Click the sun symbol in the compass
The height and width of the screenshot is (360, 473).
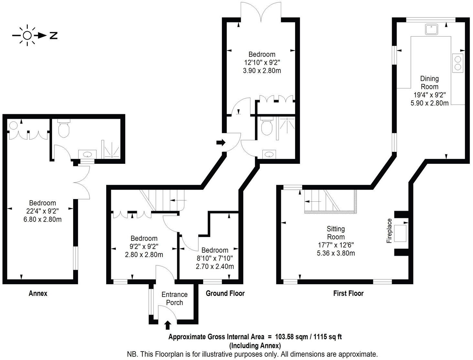tap(27, 35)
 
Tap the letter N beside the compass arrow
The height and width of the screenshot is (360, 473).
tap(53, 36)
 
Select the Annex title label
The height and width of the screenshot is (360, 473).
tap(38, 293)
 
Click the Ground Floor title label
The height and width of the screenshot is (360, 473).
tap(225, 293)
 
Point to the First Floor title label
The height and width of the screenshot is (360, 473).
tap(348, 293)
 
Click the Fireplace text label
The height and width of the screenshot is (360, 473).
tap(389, 231)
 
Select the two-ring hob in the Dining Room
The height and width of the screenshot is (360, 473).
tap(458, 63)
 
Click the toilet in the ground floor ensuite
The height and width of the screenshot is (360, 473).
tap(267, 127)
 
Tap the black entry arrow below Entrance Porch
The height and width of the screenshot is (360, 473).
tap(168, 325)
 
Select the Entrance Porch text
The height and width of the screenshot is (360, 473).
tap(174, 298)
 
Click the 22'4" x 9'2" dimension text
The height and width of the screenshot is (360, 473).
tap(42, 211)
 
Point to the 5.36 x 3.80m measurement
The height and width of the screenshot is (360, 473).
tap(336, 253)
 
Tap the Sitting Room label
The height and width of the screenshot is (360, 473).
tap(336, 233)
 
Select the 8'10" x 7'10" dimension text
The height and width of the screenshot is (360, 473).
tap(215, 258)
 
